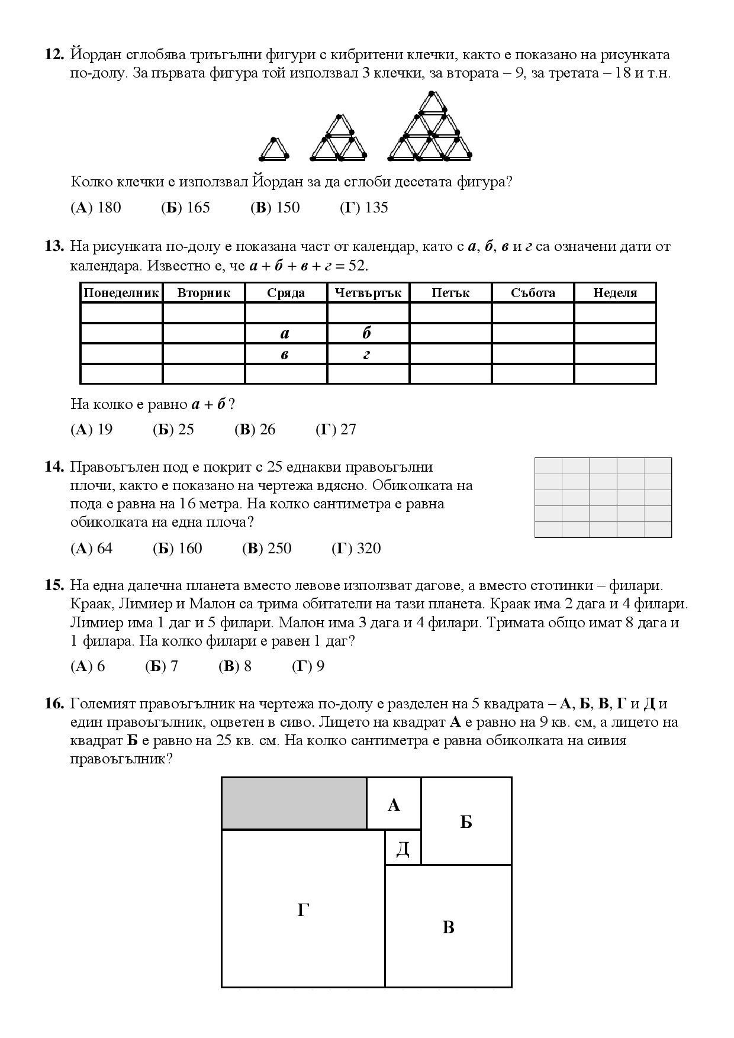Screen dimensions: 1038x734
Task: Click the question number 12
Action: (54, 54)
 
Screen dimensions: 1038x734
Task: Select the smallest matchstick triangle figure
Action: (273, 150)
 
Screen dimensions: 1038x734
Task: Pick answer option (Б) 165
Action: (185, 208)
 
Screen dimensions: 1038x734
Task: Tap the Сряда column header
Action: (286, 293)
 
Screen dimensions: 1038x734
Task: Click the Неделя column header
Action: (614, 293)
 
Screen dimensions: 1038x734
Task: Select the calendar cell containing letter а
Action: (286, 334)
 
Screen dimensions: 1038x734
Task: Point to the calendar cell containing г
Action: (368, 354)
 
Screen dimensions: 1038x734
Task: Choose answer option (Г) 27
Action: (336, 430)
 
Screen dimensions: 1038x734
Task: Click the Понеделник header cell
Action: (121, 293)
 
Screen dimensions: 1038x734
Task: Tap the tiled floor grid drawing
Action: (603, 497)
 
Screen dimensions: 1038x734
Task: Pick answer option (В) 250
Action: (267, 549)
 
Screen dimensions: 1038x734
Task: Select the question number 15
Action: (54, 585)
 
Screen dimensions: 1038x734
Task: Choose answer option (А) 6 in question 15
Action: (88, 666)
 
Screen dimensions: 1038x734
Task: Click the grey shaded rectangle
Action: (294, 803)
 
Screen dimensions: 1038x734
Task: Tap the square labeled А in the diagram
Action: (394, 804)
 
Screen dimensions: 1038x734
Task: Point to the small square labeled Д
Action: (403, 847)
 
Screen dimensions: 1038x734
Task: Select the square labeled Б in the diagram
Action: (466, 821)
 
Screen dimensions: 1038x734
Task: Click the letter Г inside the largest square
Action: (303, 910)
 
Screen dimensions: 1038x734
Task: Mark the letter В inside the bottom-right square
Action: (448, 927)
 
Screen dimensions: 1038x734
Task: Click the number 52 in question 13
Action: (357, 266)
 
